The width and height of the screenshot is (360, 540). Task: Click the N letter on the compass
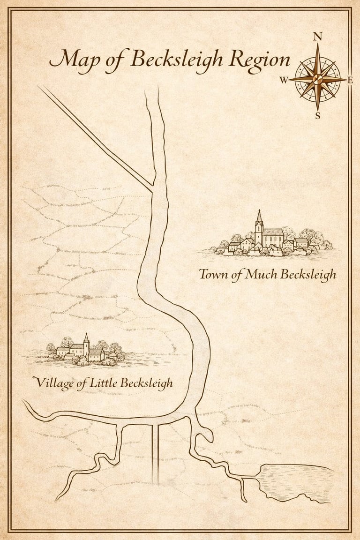317,37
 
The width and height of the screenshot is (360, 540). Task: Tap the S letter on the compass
317,116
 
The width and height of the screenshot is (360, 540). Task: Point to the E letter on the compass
350,79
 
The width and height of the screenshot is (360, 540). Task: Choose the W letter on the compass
284,80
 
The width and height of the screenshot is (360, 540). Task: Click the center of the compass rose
317,78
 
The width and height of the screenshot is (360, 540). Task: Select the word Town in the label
214,274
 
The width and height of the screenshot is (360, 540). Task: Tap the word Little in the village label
104,382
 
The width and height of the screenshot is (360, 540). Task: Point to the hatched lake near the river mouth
295,480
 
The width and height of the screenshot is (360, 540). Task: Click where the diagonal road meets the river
153,189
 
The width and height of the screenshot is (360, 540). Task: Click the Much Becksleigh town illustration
267,239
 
